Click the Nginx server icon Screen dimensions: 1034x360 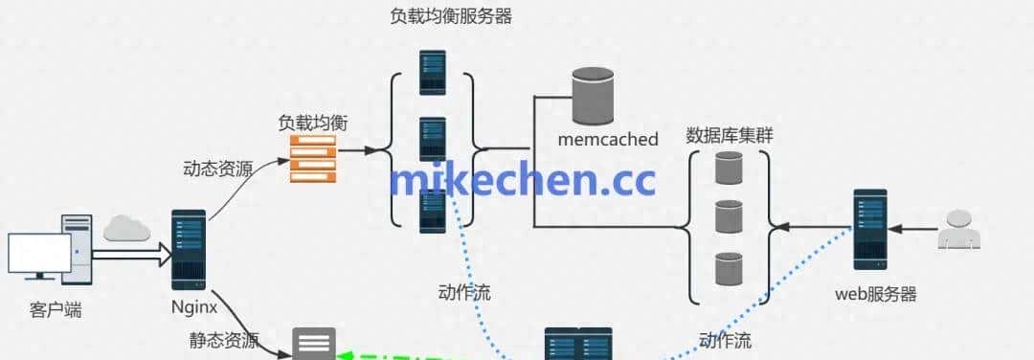189,249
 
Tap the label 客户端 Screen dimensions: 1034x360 56,309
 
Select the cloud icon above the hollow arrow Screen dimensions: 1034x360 128,228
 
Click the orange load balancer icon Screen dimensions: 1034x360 313,158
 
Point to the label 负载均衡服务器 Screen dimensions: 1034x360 450,16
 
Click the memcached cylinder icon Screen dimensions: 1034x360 593,97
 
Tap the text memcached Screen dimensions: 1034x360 608,140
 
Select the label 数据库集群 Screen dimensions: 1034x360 730,135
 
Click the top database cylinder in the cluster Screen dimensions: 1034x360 729,169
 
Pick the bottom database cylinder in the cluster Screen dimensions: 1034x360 729,269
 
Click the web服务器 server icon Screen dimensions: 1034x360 869,229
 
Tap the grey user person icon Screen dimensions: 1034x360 959,230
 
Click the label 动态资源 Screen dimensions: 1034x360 217,169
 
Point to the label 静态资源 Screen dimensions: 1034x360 224,341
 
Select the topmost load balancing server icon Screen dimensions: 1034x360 433,70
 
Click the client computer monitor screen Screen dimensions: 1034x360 38,254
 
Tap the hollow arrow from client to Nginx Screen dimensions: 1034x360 130,254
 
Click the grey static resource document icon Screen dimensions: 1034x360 313,343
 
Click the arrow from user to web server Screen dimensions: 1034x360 910,229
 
